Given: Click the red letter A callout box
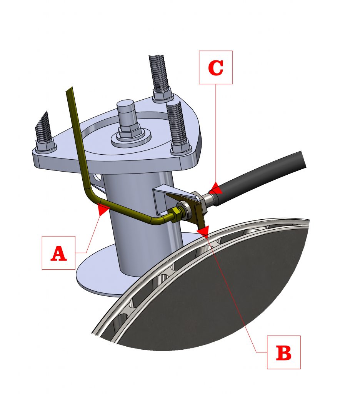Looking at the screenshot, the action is click(58, 253).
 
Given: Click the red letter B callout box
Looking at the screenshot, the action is click(283, 352).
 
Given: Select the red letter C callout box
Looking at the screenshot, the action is click(215, 67).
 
